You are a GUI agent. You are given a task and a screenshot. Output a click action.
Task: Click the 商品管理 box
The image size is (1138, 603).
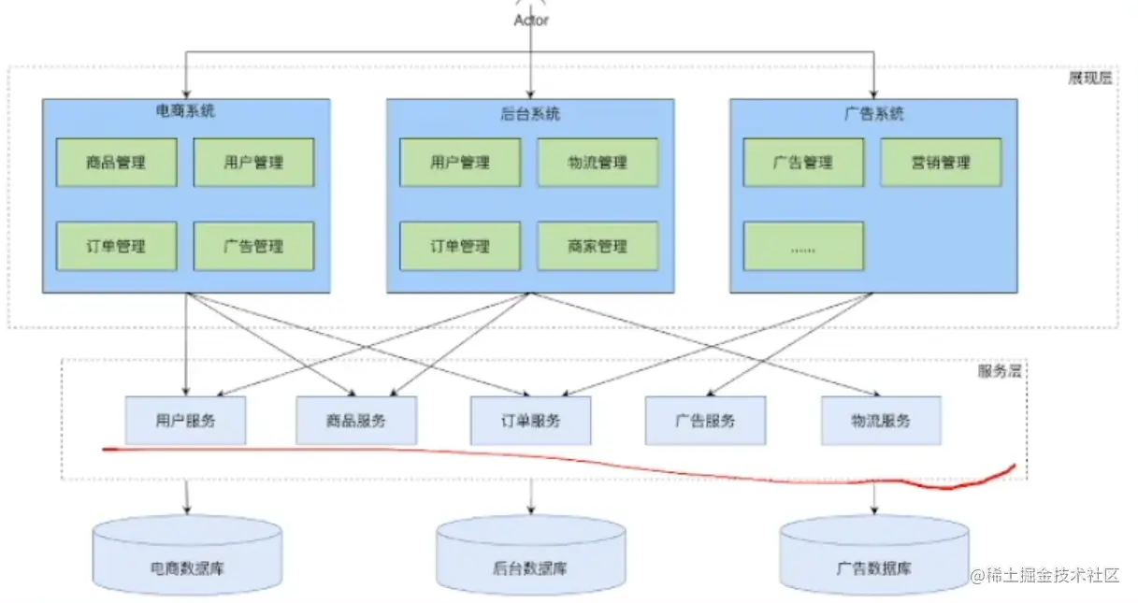point(116,163)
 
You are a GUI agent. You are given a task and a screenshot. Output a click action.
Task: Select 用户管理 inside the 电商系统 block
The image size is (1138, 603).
point(253,163)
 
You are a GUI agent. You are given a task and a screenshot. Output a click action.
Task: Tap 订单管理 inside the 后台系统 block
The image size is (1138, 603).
point(460,247)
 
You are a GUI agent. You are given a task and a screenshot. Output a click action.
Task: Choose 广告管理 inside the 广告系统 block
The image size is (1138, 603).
point(803,163)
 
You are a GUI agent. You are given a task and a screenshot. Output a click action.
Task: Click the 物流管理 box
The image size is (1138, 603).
point(598,163)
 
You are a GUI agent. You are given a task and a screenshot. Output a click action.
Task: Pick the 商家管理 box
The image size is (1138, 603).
point(598,247)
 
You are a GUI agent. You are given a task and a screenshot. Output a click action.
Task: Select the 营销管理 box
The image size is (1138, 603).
point(941,163)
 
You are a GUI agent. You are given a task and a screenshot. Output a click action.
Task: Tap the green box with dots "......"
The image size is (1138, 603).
point(803,247)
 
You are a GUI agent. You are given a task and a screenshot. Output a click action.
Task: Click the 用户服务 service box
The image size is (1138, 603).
point(185,421)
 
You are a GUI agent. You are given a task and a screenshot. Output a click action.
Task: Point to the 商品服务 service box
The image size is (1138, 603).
point(356,421)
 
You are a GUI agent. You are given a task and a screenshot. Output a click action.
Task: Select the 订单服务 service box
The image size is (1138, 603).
point(530,421)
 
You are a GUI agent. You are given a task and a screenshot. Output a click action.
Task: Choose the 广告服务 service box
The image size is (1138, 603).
point(705,421)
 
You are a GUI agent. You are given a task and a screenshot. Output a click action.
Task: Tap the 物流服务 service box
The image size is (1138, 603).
point(881,421)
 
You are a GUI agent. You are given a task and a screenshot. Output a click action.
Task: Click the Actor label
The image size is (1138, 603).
point(531,19)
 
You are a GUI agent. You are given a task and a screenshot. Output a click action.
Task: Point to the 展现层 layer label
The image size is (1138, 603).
point(1090,79)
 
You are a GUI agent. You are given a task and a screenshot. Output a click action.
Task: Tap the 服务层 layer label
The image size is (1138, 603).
point(1000,371)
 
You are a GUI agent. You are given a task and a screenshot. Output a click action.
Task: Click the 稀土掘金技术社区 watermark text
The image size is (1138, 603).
point(1052,576)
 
